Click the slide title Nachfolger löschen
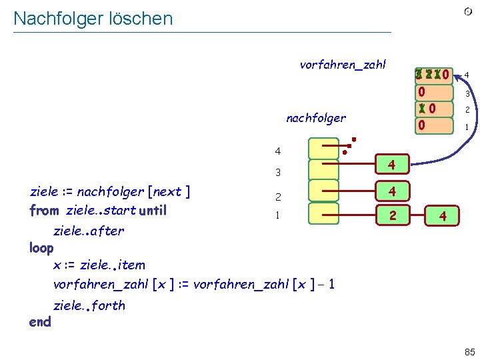tap(93, 19)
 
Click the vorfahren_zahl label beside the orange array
tap(343, 65)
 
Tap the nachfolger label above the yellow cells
tap(316, 118)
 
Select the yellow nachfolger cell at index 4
tap(323, 148)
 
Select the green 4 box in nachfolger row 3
tap(393, 164)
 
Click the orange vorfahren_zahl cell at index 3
tap(434, 92)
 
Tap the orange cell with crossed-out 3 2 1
tap(434, 74)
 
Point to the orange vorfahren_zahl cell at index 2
tap(434, 109)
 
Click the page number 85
tap(469, 351)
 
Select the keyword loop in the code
tap(41, 247)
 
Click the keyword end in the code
tap(40, 322)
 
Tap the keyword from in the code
tap(45, 211)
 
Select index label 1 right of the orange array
tap(467, 127)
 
